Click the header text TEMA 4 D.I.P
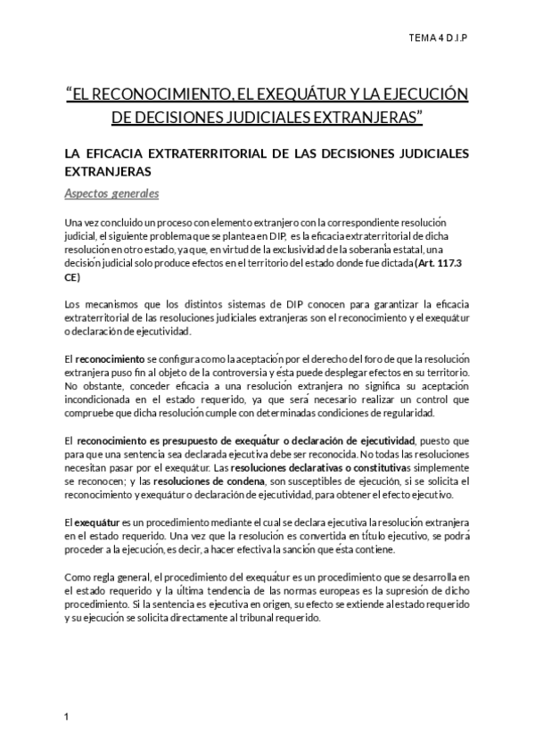pos(442,38)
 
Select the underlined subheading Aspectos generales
pos(111,193)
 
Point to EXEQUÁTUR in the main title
pos(295,94)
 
